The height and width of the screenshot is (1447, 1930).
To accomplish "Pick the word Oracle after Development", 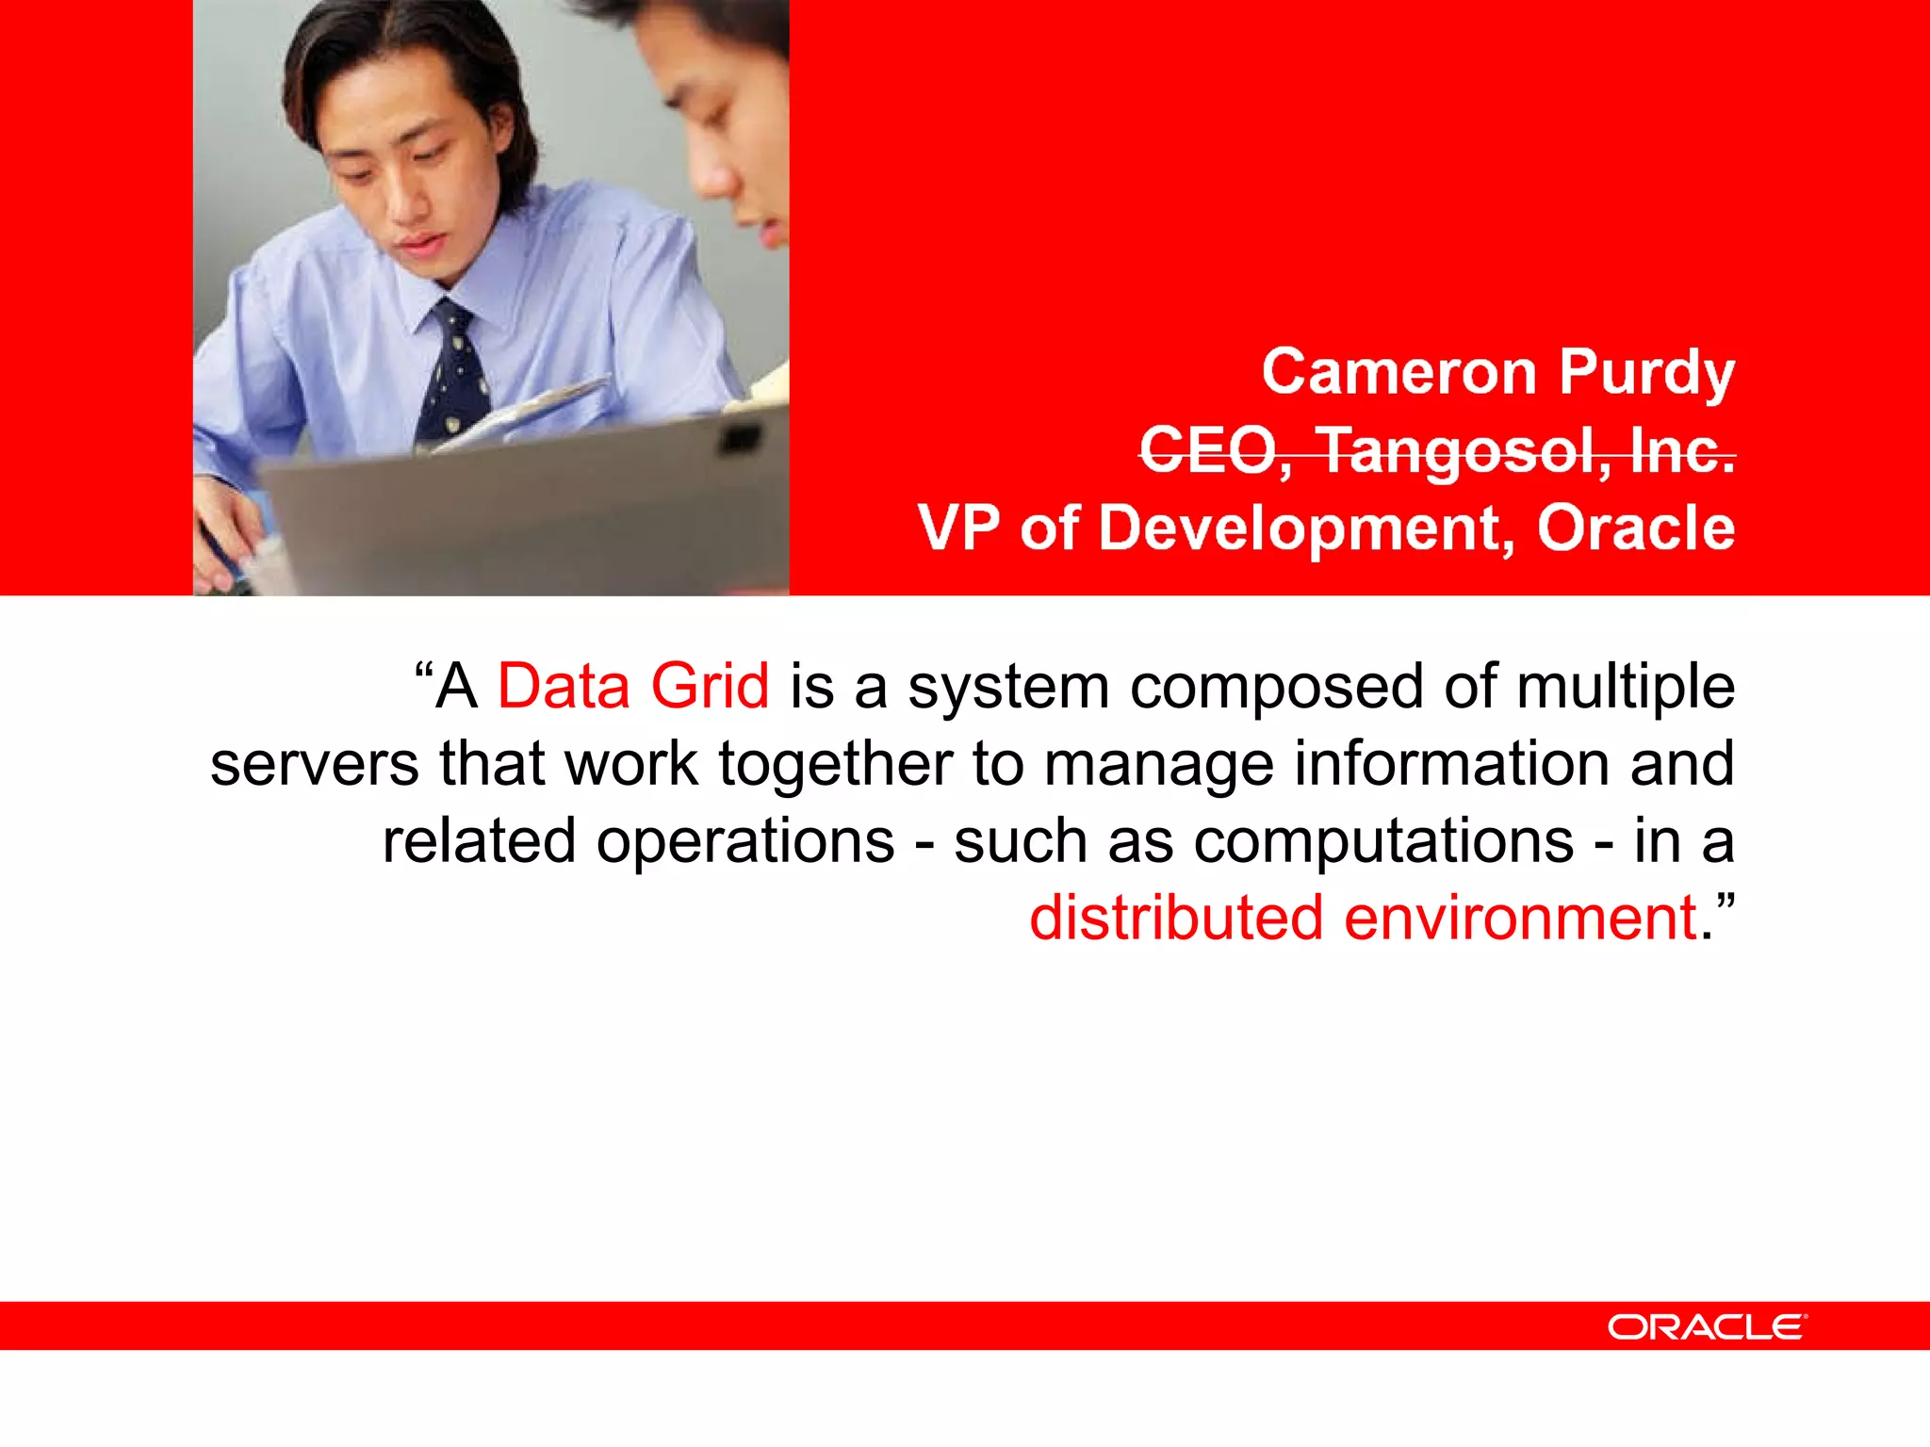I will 1636,528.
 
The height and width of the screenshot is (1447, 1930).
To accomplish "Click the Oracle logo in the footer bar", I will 1707,1327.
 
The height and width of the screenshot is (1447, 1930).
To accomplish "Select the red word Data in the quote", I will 563,686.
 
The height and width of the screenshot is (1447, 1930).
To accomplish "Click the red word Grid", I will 710,686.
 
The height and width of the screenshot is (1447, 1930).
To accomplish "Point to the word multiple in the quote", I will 1625,688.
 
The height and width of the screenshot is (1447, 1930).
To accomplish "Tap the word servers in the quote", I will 314,764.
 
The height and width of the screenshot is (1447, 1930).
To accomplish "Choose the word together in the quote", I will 835,766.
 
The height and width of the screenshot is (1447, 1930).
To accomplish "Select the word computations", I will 1383,842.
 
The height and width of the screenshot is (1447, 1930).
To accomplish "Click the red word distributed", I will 1175,918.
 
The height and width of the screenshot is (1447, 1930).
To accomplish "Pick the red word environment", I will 1520,919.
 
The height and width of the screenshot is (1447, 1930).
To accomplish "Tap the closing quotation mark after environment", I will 1726,904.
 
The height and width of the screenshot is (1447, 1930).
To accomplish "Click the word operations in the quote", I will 744,842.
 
